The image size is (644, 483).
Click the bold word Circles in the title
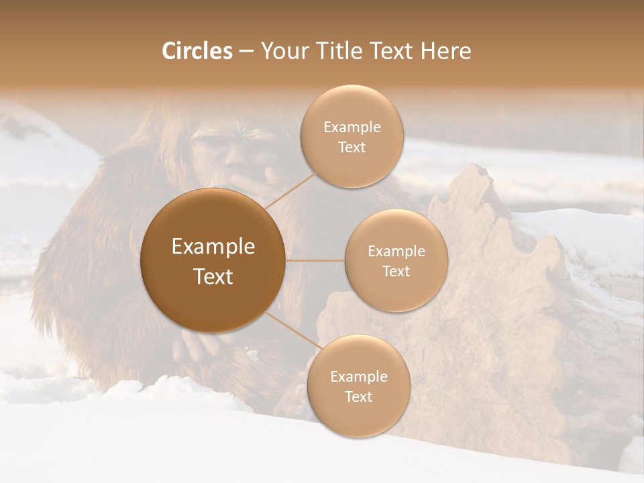pyautogui.click(x=197, y=51)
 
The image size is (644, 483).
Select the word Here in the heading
pyautogui.click(x=445, y=51)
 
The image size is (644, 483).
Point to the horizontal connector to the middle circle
pyautogui.click(x=315, y=260)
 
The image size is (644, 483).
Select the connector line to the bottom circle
pyautogui.click(x=292, y=332)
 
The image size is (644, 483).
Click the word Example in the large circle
pyautogui.click(x=213, y=247)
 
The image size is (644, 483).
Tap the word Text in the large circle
pyautogui.click(x=213, y=276)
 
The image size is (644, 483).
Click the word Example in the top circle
pyautogui.click(x=352, y=127)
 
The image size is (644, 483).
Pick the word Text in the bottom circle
pyautogui.click(x=358, y=396)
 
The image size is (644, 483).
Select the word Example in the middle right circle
pyautogui.click(x=396, y=252)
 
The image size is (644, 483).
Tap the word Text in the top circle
pyautogui.click(x=352, y=148)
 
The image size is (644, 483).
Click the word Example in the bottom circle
pyautogui.click(x=358, y=376)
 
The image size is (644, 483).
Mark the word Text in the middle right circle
pyautogui.click(x=396, y=272)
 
